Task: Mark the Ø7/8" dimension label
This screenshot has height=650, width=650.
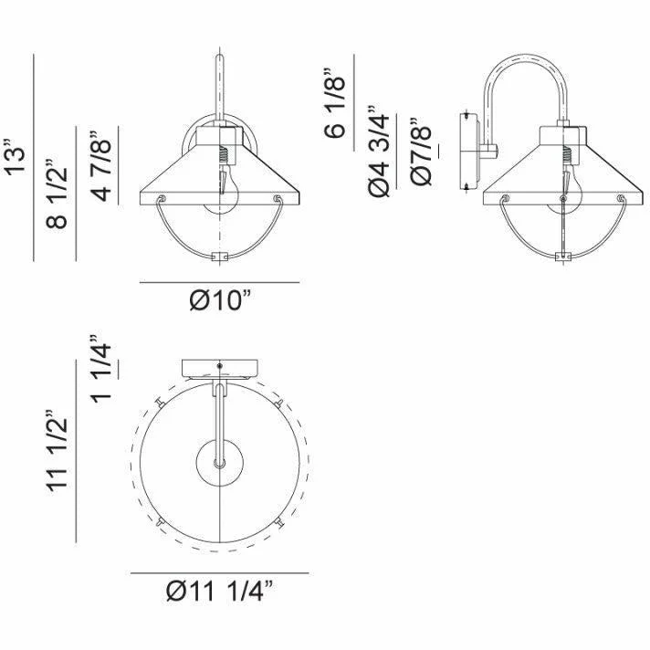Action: point(422,152)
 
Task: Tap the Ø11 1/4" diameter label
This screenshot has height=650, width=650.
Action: point(220,592)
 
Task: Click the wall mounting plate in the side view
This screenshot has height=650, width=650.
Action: point(470,151)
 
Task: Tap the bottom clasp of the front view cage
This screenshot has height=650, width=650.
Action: point(219,257)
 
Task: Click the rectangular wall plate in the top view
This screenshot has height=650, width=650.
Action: point(219,368)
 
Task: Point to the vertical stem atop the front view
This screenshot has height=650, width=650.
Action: point(219,87)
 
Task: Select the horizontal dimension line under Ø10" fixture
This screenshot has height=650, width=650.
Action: point(219,283)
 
